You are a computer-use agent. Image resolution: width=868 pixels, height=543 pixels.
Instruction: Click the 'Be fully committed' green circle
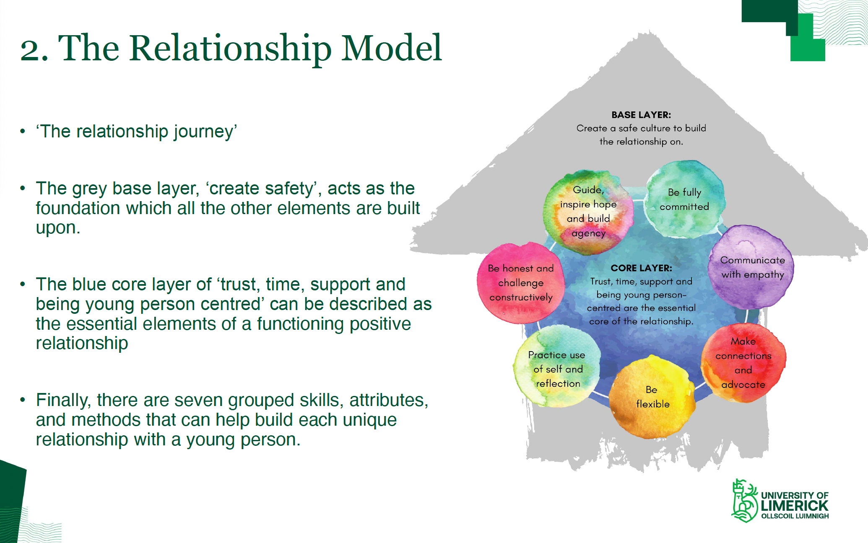(684, 199)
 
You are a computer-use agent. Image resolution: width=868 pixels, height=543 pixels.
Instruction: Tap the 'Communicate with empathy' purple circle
(752, 267)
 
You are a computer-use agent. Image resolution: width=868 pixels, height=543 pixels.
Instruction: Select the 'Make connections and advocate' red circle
(743, 363)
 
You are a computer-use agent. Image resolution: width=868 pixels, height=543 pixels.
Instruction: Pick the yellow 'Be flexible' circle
(652, 397)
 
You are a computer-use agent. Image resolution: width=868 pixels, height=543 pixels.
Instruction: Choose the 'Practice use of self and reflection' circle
(557, 369)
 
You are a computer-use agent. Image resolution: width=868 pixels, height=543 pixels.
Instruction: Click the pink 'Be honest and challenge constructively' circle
(520, 283)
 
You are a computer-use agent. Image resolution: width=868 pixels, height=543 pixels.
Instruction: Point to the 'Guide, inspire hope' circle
(588, 212)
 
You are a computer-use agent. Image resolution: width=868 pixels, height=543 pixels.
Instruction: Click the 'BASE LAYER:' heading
(641, 115)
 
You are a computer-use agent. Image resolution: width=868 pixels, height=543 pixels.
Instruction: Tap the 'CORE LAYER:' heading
(641, 268)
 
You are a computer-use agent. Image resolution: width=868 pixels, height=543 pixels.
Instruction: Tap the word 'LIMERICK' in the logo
(794, 506)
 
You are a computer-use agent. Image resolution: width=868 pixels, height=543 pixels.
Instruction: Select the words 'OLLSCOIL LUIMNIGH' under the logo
(795, 516)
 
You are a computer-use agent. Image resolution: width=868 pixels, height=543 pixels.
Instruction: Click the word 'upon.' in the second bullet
(57, 228)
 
